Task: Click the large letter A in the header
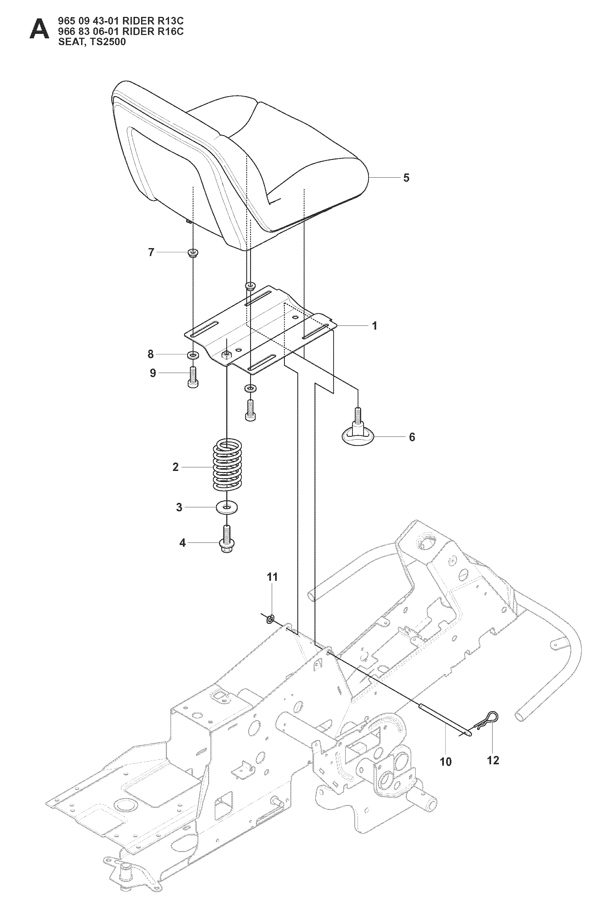pos(39,30)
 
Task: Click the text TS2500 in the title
pos(108,42)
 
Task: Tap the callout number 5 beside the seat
pos(406,178)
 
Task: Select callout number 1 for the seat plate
pos(375,326)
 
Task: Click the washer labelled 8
pos(193,354)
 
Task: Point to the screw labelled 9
pos(193,377)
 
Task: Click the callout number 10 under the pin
pos(446,761)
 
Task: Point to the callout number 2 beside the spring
pos(175,467)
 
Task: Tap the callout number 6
pos(412,437)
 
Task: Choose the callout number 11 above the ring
pos(272,588)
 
